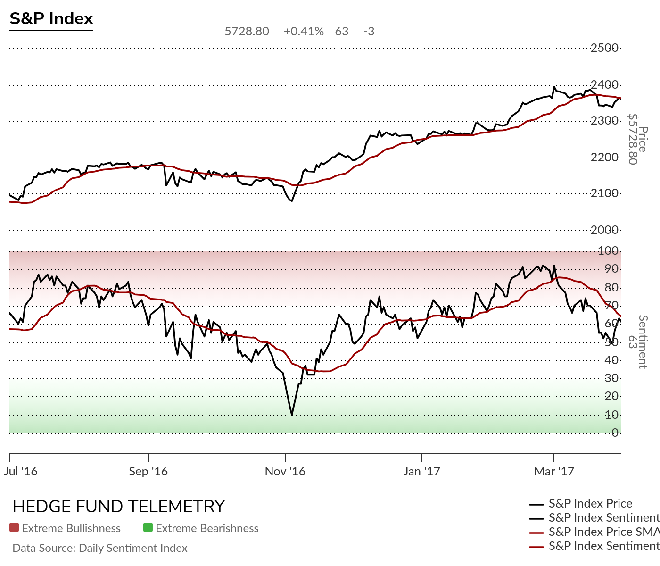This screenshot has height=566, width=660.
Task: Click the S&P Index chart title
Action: click(x=51, y=19)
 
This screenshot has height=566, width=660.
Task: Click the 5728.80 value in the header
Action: click(x=247, y=32)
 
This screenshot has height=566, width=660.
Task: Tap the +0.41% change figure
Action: click(x=304, y=32)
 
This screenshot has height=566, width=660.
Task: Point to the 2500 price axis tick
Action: click(x=604, y=48)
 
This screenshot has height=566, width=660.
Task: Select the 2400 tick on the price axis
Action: click(x=604, y=85)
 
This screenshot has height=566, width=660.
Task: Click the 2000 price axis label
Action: click(x=604, y=230)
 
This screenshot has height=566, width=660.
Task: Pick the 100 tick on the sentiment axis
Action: click(x=608, y=251)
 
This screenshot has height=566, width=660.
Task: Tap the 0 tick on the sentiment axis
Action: click(x=615, y=433)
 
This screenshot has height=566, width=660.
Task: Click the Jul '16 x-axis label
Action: click(x=21, y=471)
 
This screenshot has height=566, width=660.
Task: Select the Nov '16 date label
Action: click(x=285, y=471)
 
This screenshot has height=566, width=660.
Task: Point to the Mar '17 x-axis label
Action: click(x=554, y=471)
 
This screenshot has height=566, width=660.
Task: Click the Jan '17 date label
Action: click(x=421, y=471)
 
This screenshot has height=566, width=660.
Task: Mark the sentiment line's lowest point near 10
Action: click(x=292, y=415)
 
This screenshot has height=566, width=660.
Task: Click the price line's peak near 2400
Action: click(x=554, y=87)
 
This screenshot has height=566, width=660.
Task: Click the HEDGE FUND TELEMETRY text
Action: click(x=119, y=507)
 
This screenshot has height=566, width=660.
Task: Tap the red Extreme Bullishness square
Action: click(x=14, y=528)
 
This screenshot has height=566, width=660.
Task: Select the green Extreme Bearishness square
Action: click(x=148, y=528)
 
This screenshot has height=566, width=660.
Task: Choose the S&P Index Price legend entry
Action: click(x=590, y=504)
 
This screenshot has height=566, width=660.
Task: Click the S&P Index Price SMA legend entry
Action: click(x=603, y=532)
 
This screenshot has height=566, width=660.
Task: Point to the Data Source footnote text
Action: click(x=100, y=548)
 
